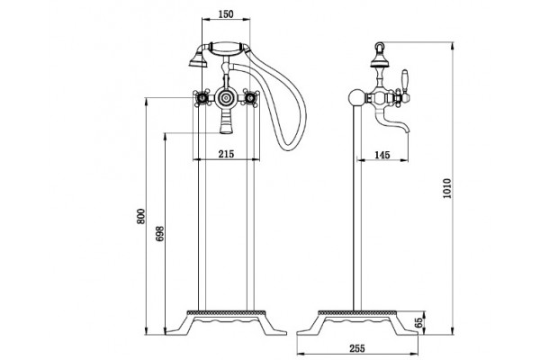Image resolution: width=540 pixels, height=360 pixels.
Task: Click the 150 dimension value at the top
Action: click(x=226, y=14)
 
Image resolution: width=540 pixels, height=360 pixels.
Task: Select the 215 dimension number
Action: click(x=226, y=154)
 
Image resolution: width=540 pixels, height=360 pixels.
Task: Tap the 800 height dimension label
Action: click(x=141, y=216)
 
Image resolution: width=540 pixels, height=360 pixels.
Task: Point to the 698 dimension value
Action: click(x=160, y=234)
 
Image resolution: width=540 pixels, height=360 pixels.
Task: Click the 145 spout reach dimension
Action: click(x=382, y=155)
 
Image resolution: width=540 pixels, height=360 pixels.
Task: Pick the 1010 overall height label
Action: click(x=446, y=188)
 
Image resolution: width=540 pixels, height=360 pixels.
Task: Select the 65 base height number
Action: click(x=418, y=322)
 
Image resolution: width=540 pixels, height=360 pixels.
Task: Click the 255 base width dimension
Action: click(x=357, y=348)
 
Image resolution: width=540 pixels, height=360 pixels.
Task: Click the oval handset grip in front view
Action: click(x=227, y=49)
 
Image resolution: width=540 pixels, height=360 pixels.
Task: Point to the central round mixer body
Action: click(x=226, y=98)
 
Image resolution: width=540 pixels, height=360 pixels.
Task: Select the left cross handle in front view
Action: click(x=201, y=98)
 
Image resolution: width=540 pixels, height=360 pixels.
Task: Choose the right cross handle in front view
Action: click(x=250, y=98)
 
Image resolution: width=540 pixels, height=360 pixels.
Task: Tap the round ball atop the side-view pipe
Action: click(x=356, y=97)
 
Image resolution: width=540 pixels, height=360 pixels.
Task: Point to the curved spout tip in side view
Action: click(x=407, y=130)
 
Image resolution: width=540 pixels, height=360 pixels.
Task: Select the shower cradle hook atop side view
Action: click(x=380, y=46)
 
